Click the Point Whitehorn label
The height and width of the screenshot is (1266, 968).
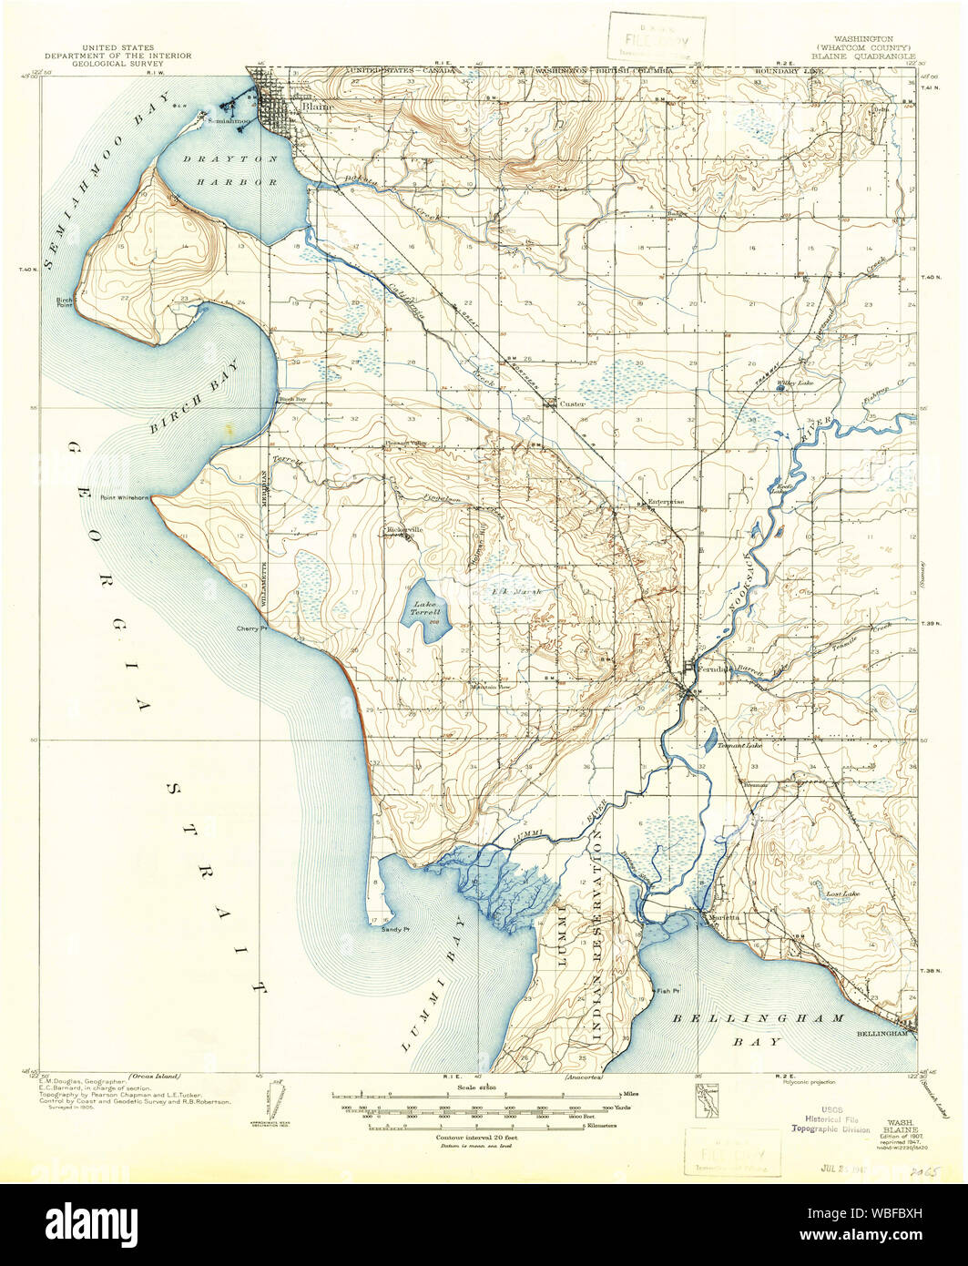tap(126, 497)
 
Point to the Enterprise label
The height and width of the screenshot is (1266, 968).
tap(664, 502)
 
